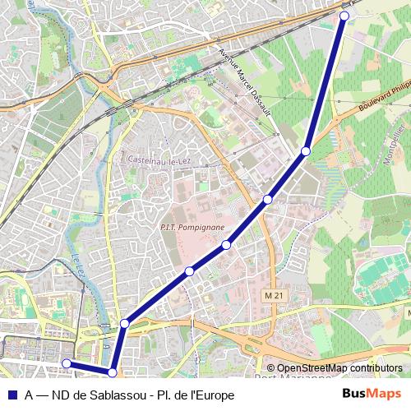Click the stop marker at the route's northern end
(344, 16)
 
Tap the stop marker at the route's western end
(67, 363)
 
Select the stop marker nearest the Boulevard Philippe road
(305, 151)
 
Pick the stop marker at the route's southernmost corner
(113, 372)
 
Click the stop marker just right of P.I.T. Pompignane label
(226, 244)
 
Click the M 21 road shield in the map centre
(274, 295)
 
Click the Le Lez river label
(78, 267)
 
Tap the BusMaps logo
(372, 394)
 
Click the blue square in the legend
(12, 395)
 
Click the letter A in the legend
(29, 395)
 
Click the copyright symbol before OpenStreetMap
(270, 368)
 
